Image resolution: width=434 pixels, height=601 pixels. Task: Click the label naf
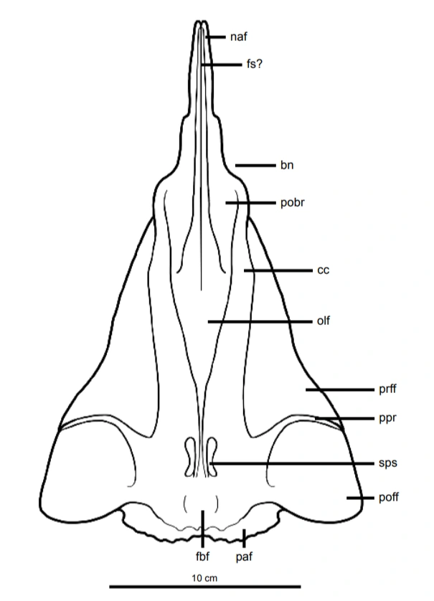(239, 37)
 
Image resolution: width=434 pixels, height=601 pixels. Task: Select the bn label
(287, 166)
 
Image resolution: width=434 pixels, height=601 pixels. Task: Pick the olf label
(323, 321)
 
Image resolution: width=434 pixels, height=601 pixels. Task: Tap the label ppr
(387, 417)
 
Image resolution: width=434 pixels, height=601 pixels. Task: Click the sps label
(387, 463)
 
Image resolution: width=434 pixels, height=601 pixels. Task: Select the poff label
(389, 498)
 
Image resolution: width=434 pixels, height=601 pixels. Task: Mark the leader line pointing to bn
(255, 166)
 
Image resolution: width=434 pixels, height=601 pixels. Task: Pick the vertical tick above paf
(245, 536)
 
